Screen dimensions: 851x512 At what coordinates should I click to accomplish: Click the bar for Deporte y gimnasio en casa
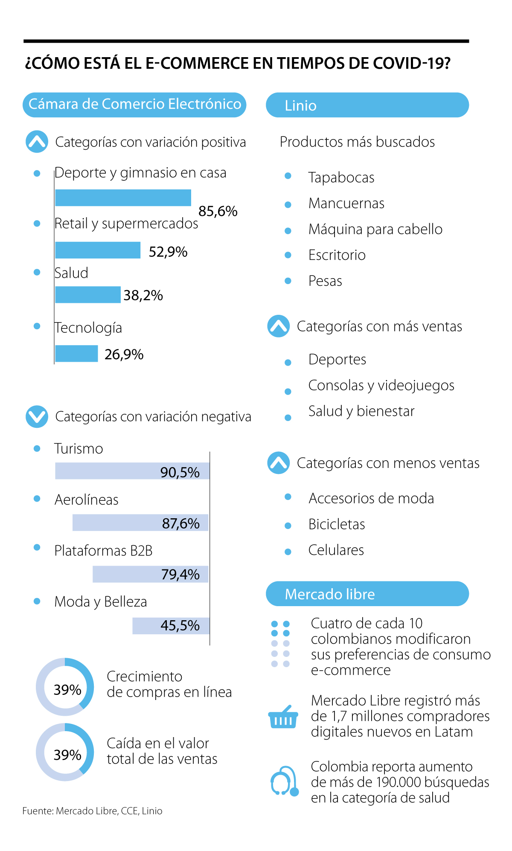click(123, 198)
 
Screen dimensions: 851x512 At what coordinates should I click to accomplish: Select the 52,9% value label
click(168, 252)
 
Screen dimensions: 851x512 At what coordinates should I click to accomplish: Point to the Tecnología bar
click(77, 354)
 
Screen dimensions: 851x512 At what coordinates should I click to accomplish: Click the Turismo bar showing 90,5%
click(132, 471)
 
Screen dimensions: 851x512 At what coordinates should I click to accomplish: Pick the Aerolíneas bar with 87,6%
click(140, 523)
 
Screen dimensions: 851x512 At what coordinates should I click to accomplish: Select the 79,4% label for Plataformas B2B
click(180, 575)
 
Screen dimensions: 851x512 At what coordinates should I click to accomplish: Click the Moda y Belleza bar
click(171, 626)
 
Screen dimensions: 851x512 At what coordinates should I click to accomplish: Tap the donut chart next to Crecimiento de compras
click(65, 687)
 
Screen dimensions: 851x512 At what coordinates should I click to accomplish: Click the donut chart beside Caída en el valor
click(65, 752)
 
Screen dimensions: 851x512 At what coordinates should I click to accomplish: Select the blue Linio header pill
click(367, 105)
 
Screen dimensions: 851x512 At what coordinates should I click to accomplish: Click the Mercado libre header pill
click(367, 594)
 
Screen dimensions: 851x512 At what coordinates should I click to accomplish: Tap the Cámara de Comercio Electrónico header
click(134, 105)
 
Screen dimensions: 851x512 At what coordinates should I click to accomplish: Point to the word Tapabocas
click(341, 177)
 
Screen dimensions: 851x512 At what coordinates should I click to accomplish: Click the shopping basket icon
click(282, 717)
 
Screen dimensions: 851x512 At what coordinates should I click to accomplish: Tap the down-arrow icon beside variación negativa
click(37, 416)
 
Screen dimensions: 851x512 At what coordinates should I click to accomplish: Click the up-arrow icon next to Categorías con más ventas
click(279, 326)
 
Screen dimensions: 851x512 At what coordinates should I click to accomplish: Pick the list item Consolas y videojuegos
click(381, 385)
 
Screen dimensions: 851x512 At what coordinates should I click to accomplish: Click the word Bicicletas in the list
click(337, 524)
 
